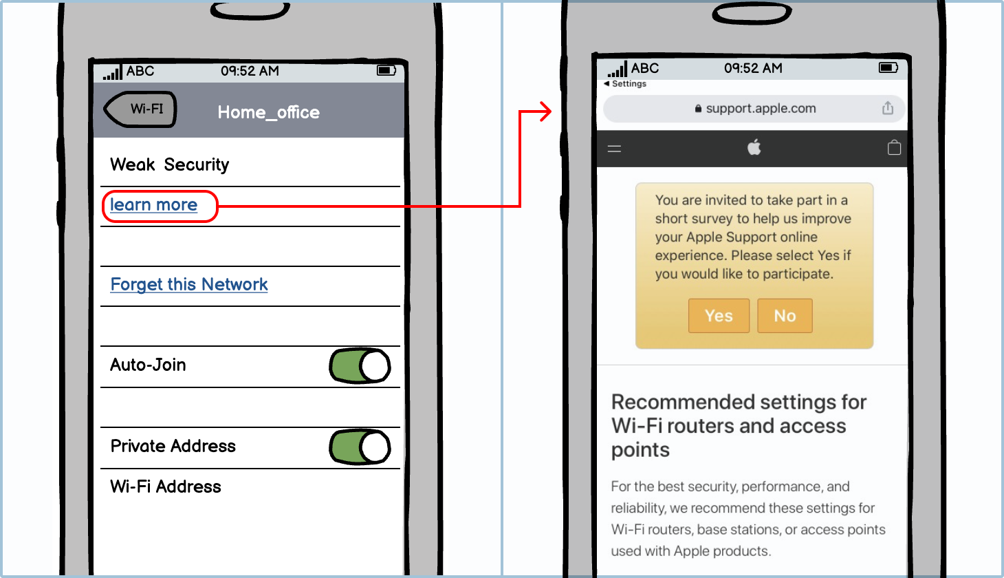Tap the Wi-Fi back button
pyautogui.click(x=140, y=109)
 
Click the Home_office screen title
pyautogui.click(x=268, y=112)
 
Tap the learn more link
pyautogui.click(x=154, y=205)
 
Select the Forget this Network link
pyautogui.click(x=188, y=284)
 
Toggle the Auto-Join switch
pyautogui.click(x=360, y=366)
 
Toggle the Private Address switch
pyautogui.click(x=360, y=447)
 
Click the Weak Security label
pyautogui.click(x=169, y=164)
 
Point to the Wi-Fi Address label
pyautogui.click(x=166, y=486)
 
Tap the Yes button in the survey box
pyautogui.click(x=719, y=316)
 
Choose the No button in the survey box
pyautogui.click(x=785, y=316)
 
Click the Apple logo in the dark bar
pyautogui.click(x=754, y=147)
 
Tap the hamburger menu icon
pyautogui.click(x=614, y=149)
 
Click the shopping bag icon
pyautogui.click(x=894, y=147)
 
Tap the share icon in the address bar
pyautogui.click(x=888, y=108)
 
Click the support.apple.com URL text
pyautogui.click(x=761, y=109)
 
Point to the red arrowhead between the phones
pyautogui.click(x=545, y=111)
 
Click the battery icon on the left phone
pyautogui.click(x=386, y=70)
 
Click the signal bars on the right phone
pyautogui.click(x=618, y=69)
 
